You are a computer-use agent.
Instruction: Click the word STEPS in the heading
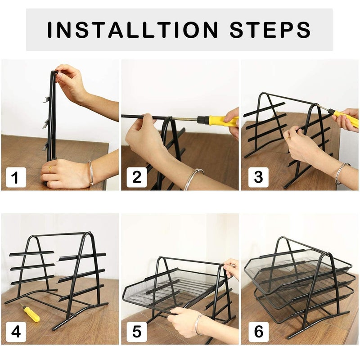(x=270, y=30)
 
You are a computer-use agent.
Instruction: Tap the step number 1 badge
(x=16, y=177)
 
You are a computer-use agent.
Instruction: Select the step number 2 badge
(x=137, y=177)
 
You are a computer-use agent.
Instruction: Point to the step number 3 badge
(x=258, y=177)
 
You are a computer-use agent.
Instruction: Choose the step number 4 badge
(x=16, y=332)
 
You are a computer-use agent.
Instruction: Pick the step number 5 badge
(x=137, y=332)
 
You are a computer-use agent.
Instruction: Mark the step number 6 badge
(x=258, y=332)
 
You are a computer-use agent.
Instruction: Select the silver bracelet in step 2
(x=193, y=179)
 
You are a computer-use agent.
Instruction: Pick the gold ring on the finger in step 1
(x=50, y=169)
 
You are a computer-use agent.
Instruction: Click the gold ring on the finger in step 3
(x=288, y=139)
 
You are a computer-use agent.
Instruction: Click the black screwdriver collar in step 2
(x=202, y=119)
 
